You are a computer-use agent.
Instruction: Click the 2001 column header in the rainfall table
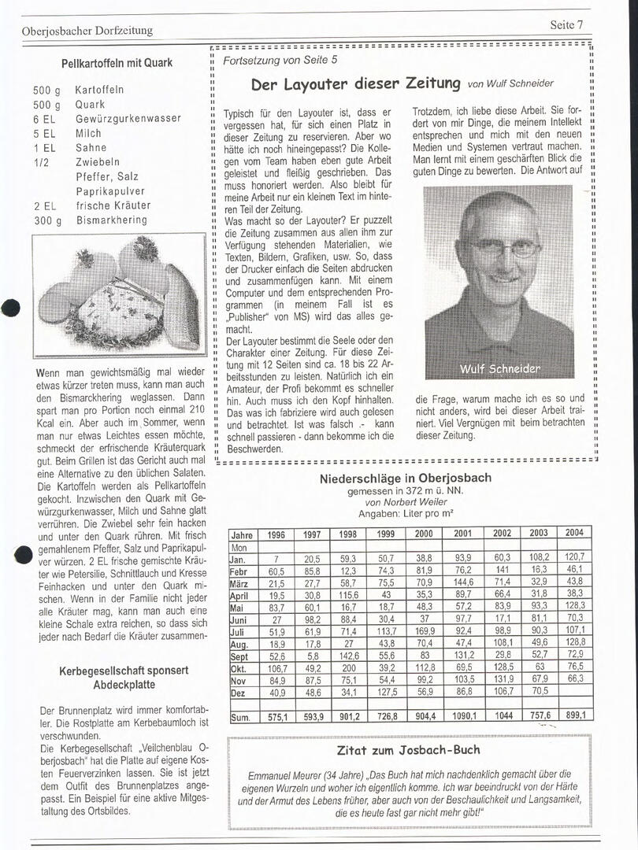tap(462, 533)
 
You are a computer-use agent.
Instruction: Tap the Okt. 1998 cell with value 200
tap(348, 667)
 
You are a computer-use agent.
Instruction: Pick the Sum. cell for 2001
tap(462, 716)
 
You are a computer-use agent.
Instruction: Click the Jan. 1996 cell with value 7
tap(276, 558)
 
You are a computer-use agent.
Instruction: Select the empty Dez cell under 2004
tap(575, 692)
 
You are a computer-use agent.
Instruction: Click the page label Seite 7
tap(566, 24)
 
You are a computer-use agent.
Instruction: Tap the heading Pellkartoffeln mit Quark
tap(117, 63)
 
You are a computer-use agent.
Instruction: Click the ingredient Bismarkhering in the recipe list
tap(112, 220)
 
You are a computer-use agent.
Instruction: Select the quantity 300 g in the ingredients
tap(47, 220)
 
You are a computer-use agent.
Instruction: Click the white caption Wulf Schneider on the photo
tap(500, 368)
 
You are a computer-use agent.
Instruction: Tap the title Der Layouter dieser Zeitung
tap(355, 83)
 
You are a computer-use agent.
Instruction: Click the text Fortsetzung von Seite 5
tap(280, 59)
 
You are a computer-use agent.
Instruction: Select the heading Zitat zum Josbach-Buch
tap(408, 749)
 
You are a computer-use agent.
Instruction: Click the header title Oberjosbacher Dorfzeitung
tap(87, 31)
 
